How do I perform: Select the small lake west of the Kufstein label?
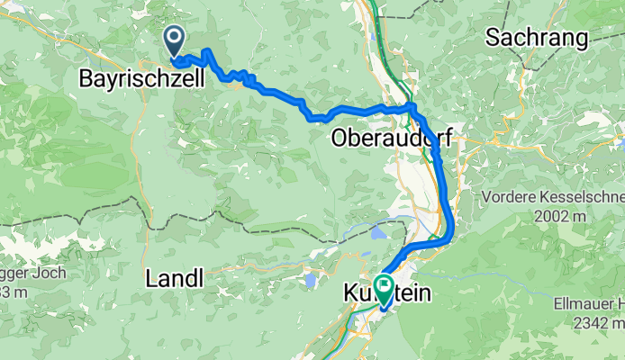pyautogui.click(x=312, y=280)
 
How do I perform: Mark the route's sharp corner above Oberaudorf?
pyautogui.click(x=412, y=106)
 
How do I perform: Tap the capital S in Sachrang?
pyautogui.click(x=492, y=38)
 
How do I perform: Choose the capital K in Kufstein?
pyautogui.click(x=349, y=295)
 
